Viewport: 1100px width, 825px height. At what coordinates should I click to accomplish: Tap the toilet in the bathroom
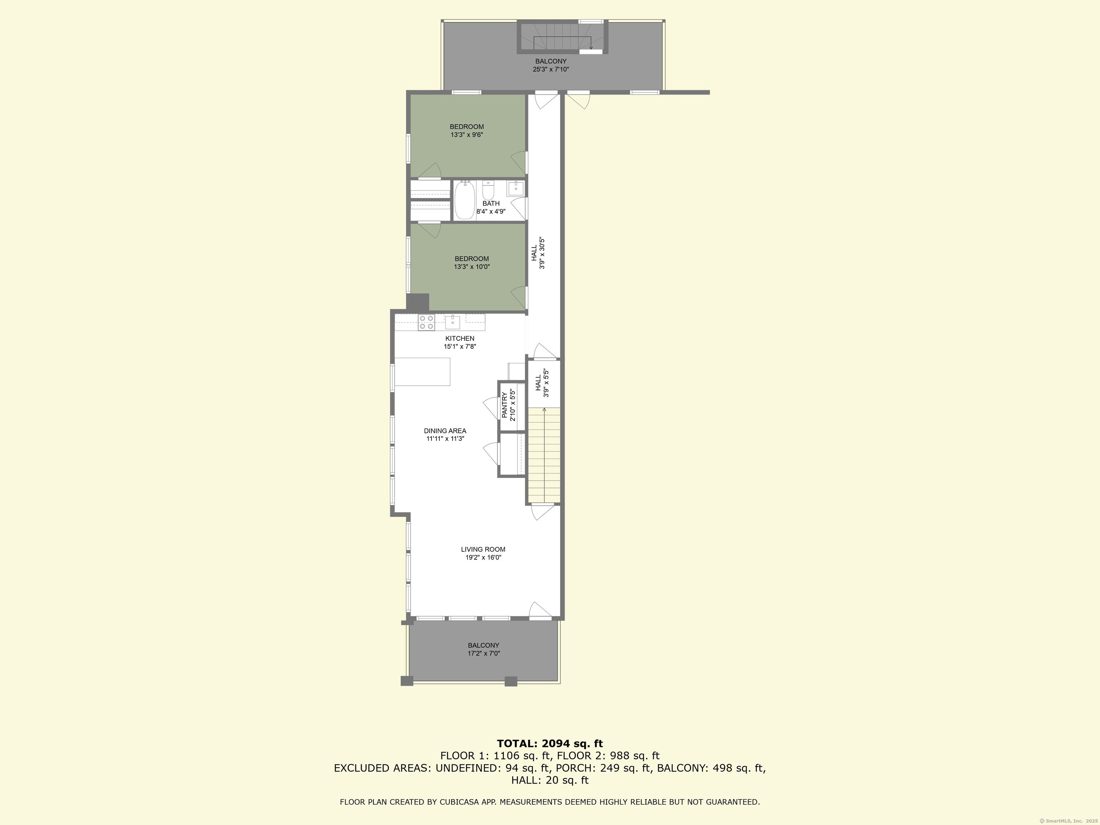click(x=488, y=190)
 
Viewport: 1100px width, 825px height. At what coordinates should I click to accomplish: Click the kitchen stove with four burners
click(x=427, y=322)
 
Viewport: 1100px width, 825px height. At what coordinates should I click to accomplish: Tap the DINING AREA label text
click(x=445, y=431)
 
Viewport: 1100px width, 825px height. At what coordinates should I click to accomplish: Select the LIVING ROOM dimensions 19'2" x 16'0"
click(x=483, y=558)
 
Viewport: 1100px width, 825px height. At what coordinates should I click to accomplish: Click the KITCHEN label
click(x=460, y=338)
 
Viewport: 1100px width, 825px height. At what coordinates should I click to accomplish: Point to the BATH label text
click(x=491, y=203)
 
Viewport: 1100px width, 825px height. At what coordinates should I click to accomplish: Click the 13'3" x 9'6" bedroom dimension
click(x=467, y=135)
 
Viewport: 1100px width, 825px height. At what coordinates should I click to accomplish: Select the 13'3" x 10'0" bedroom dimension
click(x=472, y=266)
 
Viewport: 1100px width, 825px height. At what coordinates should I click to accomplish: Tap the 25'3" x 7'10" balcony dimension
click(x=551, y=69)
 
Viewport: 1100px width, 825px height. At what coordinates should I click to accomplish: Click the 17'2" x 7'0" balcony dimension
click(x=483, y=653)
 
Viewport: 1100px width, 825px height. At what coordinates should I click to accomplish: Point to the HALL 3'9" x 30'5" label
click(x=538, y=253)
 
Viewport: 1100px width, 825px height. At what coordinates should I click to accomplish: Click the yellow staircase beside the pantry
click(x=544, y=455)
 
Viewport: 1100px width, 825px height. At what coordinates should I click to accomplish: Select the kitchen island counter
click(x=423, y=371)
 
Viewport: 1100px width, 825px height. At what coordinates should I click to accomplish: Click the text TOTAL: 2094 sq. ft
click(x=550, y=743)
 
